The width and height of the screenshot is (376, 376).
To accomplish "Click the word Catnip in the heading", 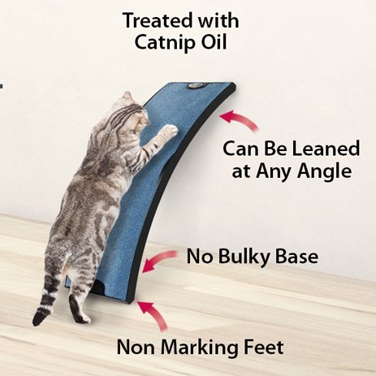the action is (x=166, y=42).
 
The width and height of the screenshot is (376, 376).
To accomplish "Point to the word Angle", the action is (x=324, y=172).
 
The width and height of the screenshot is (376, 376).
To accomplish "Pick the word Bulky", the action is (x=244, y=257).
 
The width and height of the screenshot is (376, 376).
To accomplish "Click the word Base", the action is (x=296, y=257).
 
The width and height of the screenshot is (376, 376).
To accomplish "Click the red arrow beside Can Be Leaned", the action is (x=238, y=120).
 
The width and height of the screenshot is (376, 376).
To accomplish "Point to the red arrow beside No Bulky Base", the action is (x=159, y=260).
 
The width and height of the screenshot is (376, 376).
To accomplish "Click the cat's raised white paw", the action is (x=170, y=132).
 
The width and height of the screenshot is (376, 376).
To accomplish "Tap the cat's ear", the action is (x=127, y=96).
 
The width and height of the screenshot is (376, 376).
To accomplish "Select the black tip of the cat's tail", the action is (x=39, y=319).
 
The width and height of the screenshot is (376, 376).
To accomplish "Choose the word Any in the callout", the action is (x=274, y=172).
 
